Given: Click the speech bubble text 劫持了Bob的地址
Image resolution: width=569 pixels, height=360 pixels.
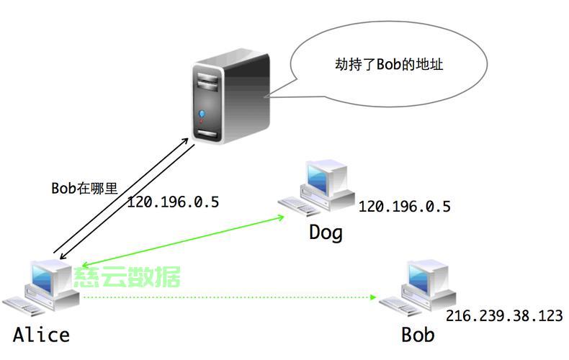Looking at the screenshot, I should (x=389, y=65).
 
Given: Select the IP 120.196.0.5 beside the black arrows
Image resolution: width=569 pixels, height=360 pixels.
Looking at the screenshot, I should (x=172, y=202).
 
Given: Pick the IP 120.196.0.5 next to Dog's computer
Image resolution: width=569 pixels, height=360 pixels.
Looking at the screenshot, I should (x=404, y=207).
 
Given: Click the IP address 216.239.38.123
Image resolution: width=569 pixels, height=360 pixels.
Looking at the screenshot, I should (x=503, y=315).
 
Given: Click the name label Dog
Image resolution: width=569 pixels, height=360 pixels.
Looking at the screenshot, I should (x=326, y=233).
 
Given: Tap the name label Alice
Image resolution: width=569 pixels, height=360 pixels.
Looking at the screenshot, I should (x=41, y=335).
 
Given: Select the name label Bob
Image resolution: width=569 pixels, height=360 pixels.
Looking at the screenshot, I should (x=418, y=335).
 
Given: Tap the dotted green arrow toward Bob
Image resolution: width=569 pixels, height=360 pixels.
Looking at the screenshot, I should (x=230, y=297).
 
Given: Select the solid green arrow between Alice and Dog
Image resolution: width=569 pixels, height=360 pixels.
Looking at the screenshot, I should (x=180, y=241).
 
